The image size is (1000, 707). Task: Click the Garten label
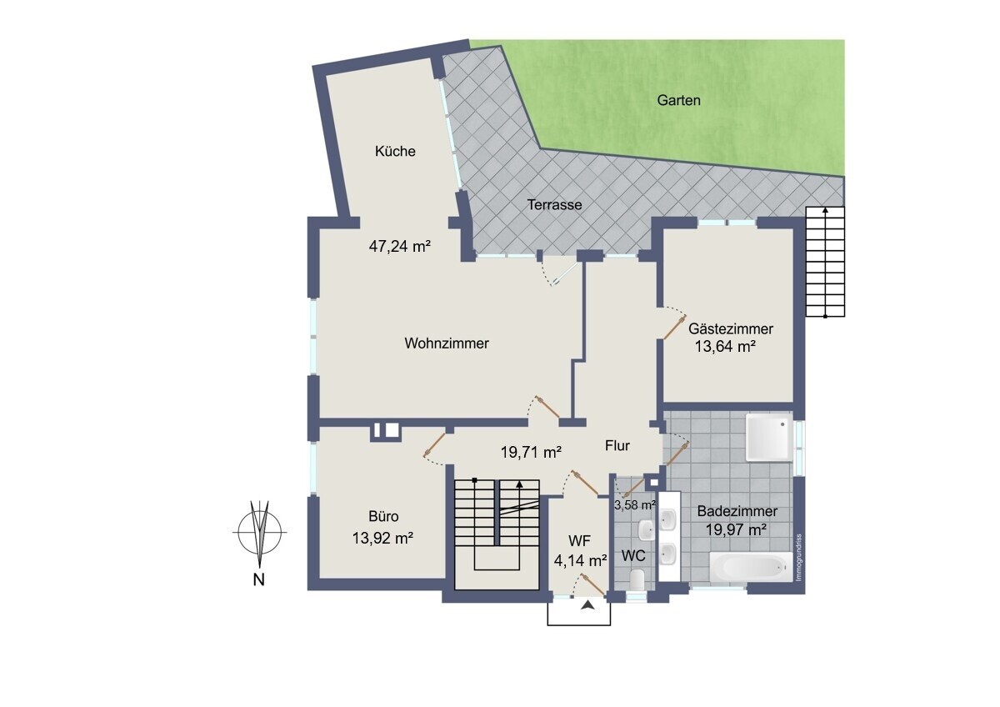pos(678,101)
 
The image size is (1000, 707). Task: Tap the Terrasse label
pos(554,205)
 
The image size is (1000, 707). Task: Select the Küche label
pos(395,152)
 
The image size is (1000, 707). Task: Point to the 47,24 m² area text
pos(399,246)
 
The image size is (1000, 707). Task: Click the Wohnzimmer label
pos(447,343)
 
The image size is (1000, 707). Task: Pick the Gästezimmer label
pos(731,329)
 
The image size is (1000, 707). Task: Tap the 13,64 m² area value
pos(725,347)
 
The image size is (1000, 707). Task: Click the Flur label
pos(617,445)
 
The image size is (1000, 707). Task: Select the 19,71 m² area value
pos(531,453)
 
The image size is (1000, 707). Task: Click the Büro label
pos(383,516)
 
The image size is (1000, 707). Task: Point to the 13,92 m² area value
pos(382,538)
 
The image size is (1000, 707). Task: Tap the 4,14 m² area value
pos(580,560)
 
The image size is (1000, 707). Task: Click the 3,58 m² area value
pos(635,505)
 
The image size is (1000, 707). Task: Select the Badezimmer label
pos(737,511)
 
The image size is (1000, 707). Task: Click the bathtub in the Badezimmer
pos(752,567)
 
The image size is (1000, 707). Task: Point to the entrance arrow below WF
pos(589,605)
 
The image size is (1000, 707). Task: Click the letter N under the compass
pos(259,579)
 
